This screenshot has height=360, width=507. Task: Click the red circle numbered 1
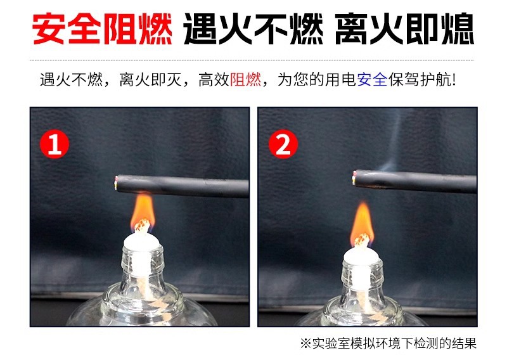click(55, 144)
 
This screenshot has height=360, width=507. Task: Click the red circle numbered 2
click(283, 144)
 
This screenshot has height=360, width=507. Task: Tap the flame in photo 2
click(362, 223)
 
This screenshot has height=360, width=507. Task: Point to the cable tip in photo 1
click(116, 183)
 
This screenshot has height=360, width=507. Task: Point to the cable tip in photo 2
click(354, 178)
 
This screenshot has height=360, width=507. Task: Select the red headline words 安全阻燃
click(102, 29)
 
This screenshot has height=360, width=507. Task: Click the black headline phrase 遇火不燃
click(253, 29)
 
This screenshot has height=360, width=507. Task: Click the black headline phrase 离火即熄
click(404, 29)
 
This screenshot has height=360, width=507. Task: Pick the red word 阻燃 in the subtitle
click(245, 80)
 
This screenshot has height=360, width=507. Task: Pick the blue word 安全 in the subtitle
click(372, 80)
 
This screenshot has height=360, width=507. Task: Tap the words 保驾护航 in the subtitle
click(420, 80)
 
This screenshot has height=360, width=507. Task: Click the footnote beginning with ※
click(388, 344)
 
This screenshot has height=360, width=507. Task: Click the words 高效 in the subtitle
click(214, 80)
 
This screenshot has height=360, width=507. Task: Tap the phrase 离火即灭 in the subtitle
click(150, 80)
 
